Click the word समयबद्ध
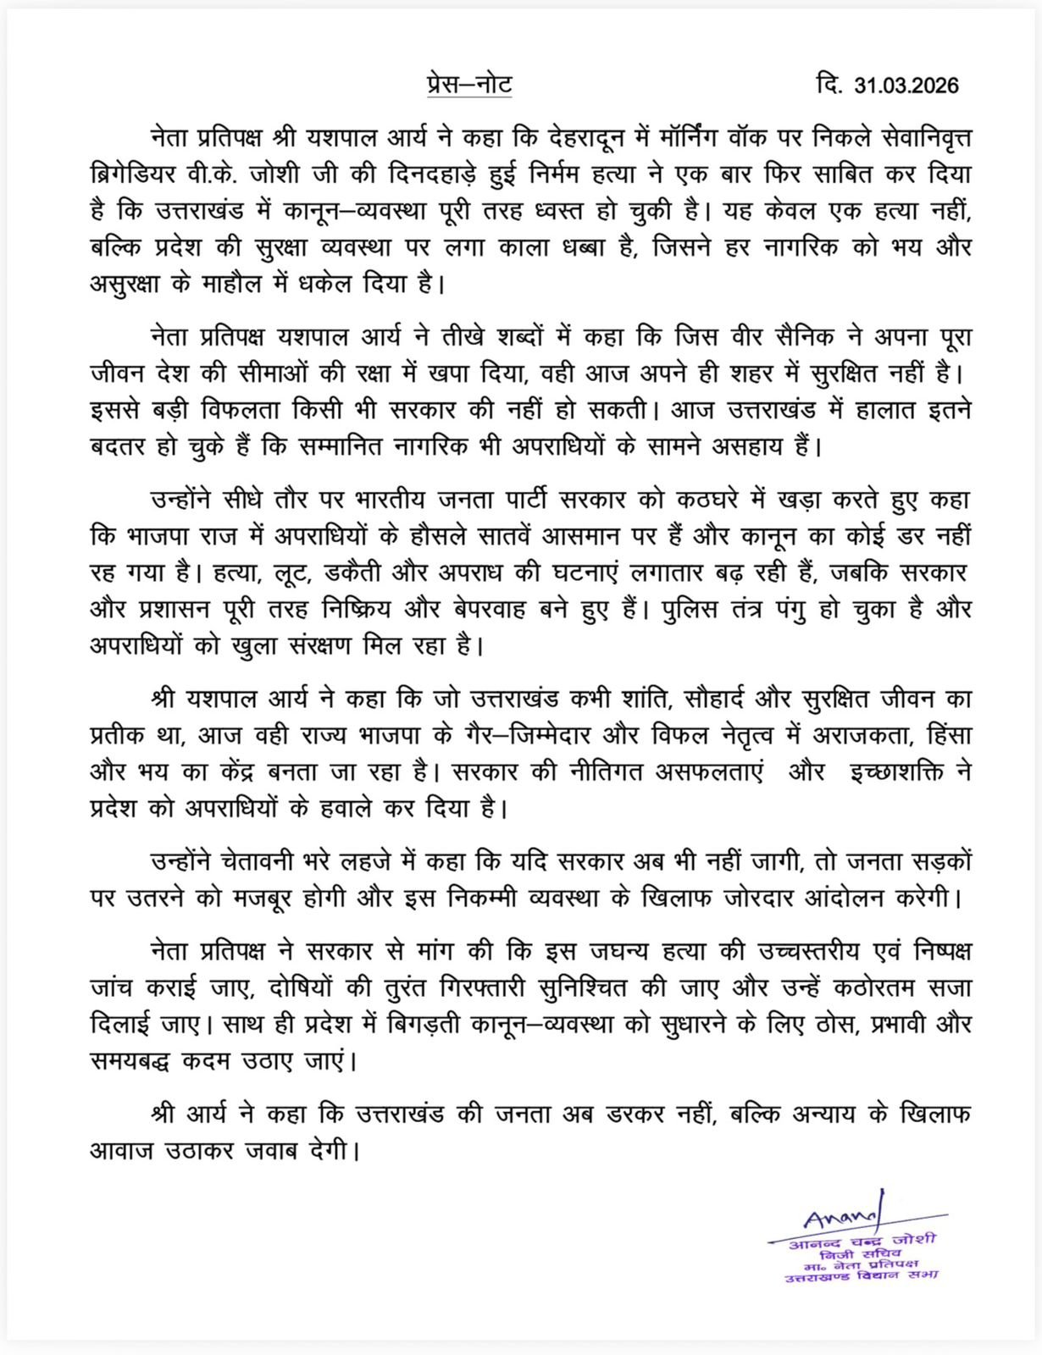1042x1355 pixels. [x=140, y=1060]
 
